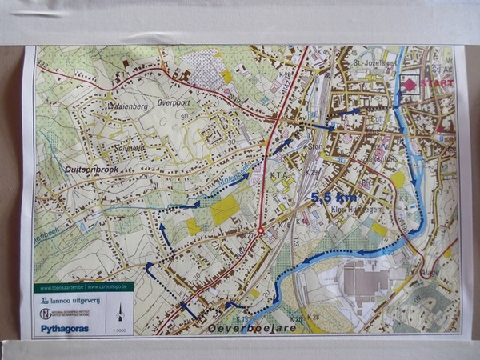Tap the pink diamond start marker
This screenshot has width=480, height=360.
point(410,84)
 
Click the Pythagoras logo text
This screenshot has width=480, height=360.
point(64,327)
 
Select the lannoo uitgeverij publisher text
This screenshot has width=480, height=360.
point(74,299)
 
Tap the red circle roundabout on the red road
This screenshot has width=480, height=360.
point(260,230)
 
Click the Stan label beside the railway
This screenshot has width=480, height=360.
point(314,146)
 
